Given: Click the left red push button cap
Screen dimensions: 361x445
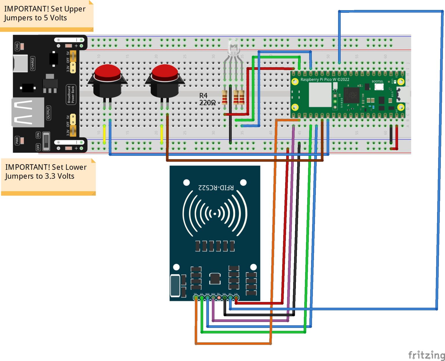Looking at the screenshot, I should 107,72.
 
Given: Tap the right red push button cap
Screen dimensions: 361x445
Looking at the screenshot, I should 165,72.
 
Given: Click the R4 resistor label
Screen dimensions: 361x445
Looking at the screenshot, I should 203,95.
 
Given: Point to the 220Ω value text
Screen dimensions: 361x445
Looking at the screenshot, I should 207,103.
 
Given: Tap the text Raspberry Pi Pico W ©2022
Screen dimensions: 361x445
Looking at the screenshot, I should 325,80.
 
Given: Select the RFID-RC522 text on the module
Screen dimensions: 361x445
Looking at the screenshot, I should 216,187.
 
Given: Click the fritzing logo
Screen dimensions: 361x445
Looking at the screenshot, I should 426,355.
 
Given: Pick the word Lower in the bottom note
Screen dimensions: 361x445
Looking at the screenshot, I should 76,167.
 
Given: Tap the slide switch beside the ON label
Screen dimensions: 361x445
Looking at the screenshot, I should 46,141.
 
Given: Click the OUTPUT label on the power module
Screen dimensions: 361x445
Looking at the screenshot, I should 48,113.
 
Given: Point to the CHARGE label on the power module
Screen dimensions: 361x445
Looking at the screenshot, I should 32,63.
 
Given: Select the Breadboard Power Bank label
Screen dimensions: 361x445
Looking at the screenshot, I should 71,94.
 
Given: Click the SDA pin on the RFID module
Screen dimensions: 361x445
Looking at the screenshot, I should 196,297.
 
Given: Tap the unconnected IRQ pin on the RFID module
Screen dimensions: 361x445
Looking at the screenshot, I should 219,297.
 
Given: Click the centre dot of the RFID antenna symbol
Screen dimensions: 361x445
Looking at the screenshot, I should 215,214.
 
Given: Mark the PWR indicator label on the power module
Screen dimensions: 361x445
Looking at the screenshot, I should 17,141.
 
